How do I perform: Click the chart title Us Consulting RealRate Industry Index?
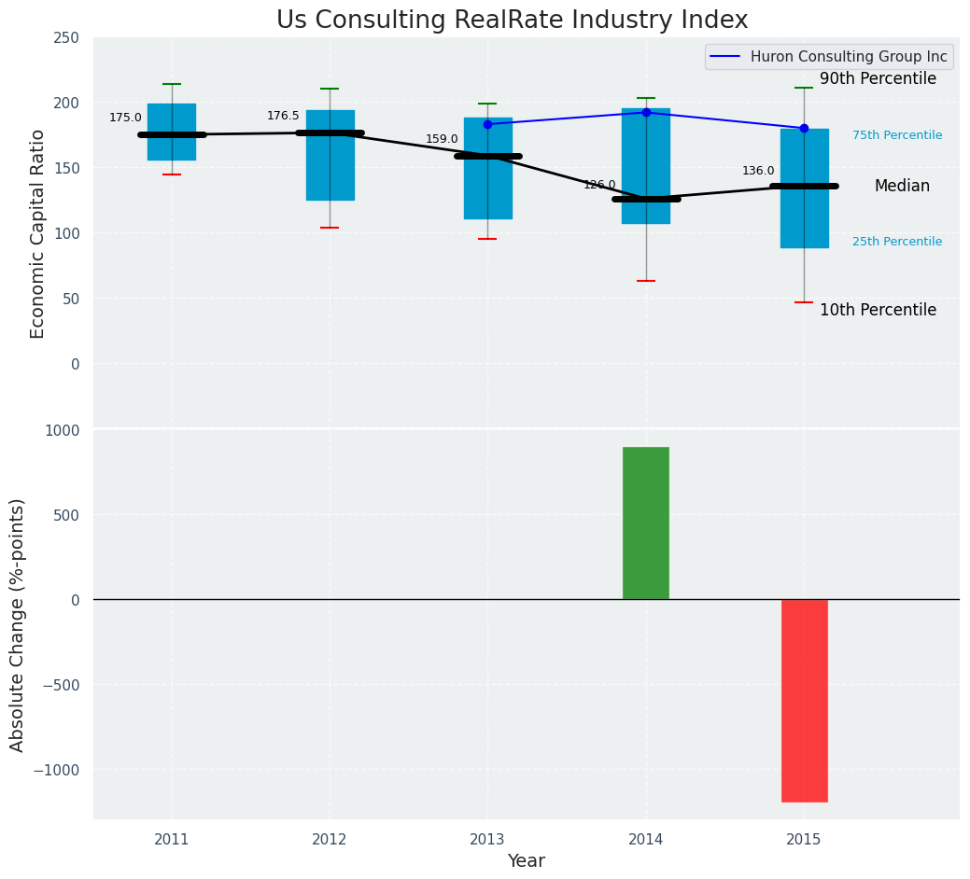coord(512,21)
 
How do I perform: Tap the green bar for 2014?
coord(646,523)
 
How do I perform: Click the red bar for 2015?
coord(804,700)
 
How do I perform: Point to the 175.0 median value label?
coord(125,118)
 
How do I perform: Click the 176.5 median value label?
coord(283,116)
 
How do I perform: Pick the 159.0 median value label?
coord(442,139)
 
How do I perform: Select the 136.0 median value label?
coord(758,171)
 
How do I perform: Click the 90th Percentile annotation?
coord(878,79)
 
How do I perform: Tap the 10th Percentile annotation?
coord(878,310)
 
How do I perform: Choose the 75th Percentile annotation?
coord(897,135)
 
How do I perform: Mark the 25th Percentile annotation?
coord(897,242)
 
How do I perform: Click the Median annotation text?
coord(902,187)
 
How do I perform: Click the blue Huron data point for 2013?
coord(487,124)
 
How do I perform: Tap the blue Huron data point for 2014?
coord(646,112)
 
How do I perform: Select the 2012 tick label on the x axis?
coord(330,840)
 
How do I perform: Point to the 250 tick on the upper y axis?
coord(67,38)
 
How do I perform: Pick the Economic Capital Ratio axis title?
coord(38,233)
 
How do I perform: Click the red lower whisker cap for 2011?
coord(172,174)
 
